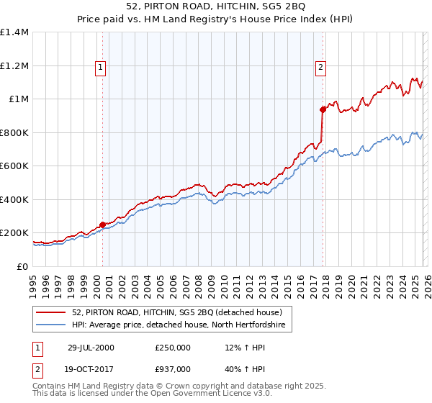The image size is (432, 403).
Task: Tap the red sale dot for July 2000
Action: click(103, 225)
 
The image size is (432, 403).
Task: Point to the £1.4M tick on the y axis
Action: click(14, 32)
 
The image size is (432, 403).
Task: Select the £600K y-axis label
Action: click(14, 166)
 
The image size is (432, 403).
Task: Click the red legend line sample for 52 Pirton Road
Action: click(52, 312)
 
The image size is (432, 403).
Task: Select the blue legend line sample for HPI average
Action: click(52, 325)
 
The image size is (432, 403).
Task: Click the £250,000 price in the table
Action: click(173, 348)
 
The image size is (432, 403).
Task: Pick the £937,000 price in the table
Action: click(173, 368)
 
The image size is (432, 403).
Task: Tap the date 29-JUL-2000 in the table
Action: click(91, 348)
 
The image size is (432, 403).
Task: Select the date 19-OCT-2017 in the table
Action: click(91, 368)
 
